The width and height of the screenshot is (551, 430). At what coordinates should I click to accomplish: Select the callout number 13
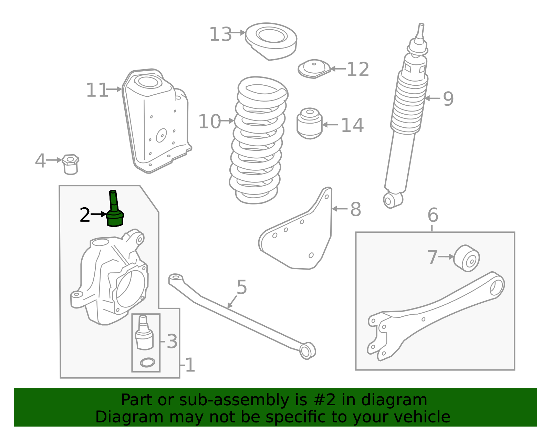(220, 34)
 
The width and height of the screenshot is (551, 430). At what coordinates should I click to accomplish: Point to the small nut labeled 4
(71, 164)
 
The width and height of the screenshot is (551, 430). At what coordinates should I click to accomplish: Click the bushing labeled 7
(467, 258)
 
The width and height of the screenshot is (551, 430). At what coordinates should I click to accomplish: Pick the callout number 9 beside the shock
(448, 99)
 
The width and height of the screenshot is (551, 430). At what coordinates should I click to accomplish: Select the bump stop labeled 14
(310, 123)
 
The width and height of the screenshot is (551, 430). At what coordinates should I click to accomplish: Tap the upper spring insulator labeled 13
(271, 40)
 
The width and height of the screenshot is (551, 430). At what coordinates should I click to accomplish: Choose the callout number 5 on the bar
(242, 287)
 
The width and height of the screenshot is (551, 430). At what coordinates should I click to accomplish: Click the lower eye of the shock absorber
(389, 201)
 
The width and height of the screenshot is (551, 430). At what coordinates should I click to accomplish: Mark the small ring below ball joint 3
(147, 362)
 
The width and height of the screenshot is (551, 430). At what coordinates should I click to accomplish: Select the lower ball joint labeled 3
(144, 333)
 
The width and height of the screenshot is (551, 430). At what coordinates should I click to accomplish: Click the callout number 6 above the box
(433, 215)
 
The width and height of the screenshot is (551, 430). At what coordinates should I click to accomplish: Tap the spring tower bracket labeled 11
(157, 120)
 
